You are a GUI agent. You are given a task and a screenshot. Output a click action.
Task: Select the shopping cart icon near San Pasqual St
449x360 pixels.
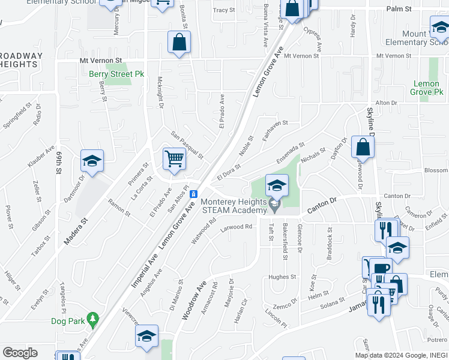click(173, 159)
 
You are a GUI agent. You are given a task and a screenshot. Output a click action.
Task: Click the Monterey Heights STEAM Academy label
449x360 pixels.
click(234, 206)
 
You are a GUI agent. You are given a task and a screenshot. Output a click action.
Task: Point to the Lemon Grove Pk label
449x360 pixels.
click(427, 88)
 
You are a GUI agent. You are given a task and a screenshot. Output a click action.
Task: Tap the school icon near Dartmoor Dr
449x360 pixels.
click(92, 161)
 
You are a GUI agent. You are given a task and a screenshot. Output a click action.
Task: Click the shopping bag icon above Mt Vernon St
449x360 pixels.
click(179, 42)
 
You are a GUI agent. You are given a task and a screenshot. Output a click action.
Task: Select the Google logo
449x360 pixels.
click(20, 353)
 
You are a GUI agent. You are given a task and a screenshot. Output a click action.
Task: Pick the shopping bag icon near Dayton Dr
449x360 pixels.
click(363, 147)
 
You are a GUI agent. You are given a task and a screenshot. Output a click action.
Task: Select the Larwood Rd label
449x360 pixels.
click(237, 227)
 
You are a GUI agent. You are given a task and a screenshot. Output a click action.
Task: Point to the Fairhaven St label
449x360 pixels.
click(274, 124)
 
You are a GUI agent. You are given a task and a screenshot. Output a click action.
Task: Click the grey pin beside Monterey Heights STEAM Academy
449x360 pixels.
click(275, 206)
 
